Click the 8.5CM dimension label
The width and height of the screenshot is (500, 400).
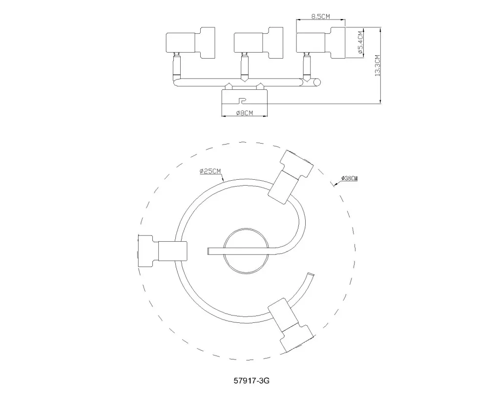pyautogui.click(x=320, y=16)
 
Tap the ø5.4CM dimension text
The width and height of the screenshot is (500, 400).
pyautogui.click(x=360, y=42)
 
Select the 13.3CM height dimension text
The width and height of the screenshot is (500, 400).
pyautogui.click(x=377, y=66)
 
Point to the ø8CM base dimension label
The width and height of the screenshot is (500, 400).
pyautogui.click(x=244, y=113)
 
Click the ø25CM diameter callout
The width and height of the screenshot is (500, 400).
pyautogui.click(x=210, y=171)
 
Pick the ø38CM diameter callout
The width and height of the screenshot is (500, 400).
pyautogui.click(x=349, y=178)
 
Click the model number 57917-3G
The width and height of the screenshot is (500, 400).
pyautogui.click(x=251, y=380)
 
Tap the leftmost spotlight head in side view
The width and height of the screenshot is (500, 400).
pyautogui.click(x=191, y=42)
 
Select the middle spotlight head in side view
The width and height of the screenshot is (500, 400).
pyautogui.click(x=258, y=42)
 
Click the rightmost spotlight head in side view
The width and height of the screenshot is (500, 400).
pyautogui.click(x=321, y=42)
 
